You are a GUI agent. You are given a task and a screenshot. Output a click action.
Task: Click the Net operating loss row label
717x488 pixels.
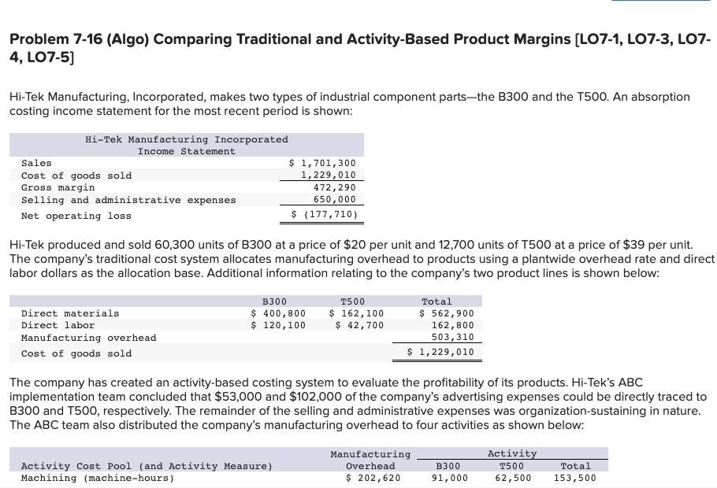pyautogui.click(x=76, y=216)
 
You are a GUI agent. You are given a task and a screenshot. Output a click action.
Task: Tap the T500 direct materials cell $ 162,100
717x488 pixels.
pyautogui.click(x=357, y=313)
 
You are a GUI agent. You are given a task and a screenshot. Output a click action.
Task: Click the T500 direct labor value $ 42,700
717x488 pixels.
pyautogui.click(x=360, y=325)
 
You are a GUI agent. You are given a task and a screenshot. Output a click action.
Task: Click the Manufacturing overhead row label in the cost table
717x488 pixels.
pyautogui.click(x=88, y=338)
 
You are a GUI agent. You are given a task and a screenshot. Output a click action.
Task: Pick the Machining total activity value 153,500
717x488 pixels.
pyautogui.click(x=574, y=478)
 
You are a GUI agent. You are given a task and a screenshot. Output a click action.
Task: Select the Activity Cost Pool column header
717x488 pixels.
pyautogui.click(x=147, y=466)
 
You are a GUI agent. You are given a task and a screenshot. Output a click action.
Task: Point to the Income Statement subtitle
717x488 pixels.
pyautogui.click(x=186, y=151)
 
